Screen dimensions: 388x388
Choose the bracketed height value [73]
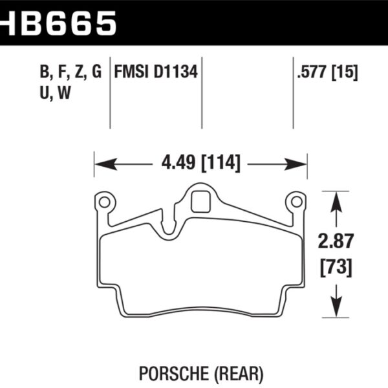pos(336,265)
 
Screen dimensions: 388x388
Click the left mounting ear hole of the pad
pos(103,202)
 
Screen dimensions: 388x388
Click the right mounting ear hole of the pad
pos(297,202)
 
